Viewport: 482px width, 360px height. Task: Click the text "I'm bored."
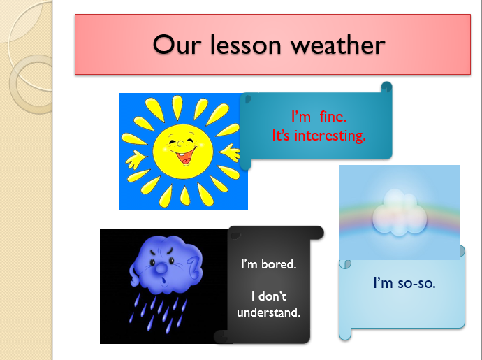pos(268,265)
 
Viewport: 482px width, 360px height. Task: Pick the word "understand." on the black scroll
pos(268,312)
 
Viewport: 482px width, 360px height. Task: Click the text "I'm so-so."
pos(404,283)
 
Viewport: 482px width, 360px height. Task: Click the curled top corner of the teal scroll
pos(385,87)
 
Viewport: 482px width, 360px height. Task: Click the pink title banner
pos(273,45)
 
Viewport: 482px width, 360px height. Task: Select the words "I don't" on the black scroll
pos(268,296)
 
